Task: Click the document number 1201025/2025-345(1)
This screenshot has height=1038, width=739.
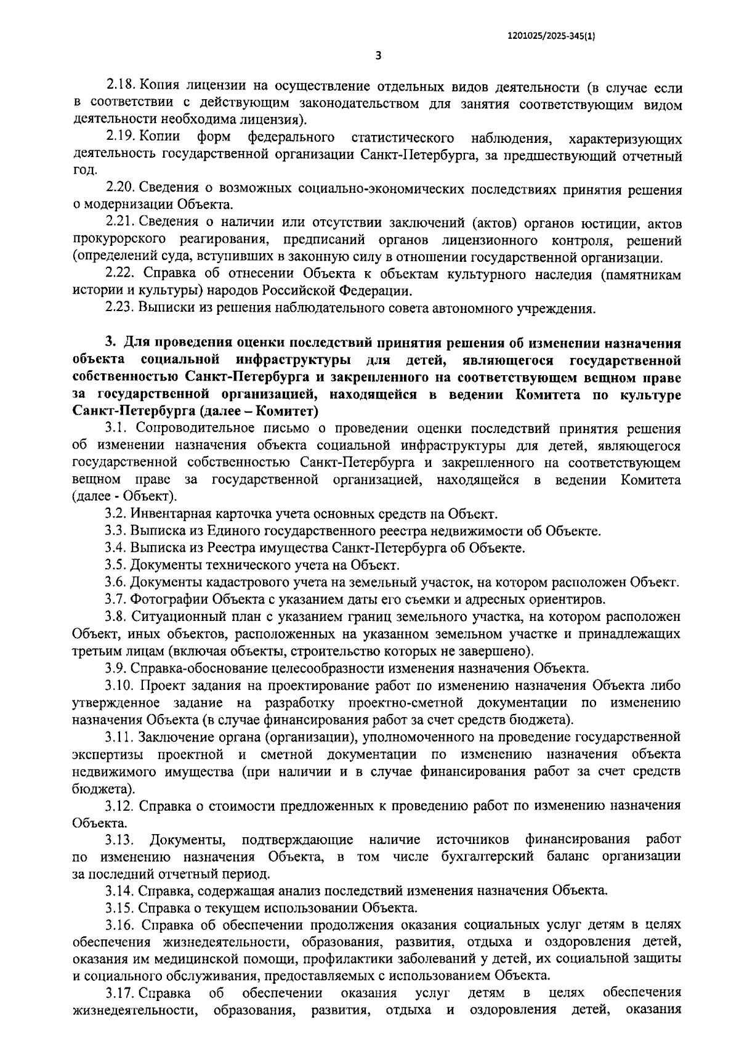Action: coord(551,36)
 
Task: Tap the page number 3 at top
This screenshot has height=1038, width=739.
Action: coord(378,56)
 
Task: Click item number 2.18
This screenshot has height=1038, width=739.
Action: coord(119,87)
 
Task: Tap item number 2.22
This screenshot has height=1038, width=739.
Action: coord(119,274)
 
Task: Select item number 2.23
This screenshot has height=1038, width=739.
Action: coord(119,308)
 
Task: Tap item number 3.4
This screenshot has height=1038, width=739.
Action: coord(115,547)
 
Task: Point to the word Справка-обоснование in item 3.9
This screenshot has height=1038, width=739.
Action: coord(196,667)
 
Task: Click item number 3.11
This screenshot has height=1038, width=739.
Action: coord(118,736)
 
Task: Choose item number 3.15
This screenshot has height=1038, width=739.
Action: coord(118,907)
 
